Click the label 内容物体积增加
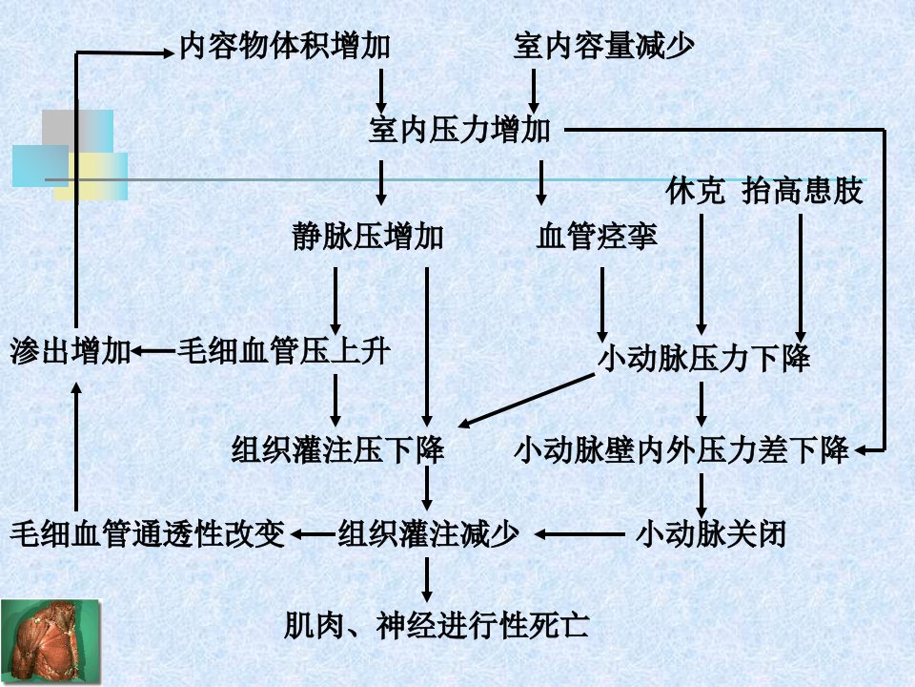pos(284,46)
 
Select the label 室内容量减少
pos(604,46)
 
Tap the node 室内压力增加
pos(459,130)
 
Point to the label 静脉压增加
pos(368,237)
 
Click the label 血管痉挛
pos(597,237)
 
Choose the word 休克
pos(695,191)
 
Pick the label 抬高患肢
pos(803,191)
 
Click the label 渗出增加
pos(70,352)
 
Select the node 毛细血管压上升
pos(284,352)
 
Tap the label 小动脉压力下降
pos(704,358)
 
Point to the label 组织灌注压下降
pos(337,449)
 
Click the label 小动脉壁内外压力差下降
pos(681,450)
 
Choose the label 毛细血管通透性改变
pos(147,534)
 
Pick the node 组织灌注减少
pos(428,534)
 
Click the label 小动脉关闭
pos(711,534)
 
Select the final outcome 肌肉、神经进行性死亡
pos(437,626)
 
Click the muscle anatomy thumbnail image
pos(51,642)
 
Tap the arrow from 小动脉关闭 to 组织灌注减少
pos(579,534)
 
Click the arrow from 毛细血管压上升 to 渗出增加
pos(152,352)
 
